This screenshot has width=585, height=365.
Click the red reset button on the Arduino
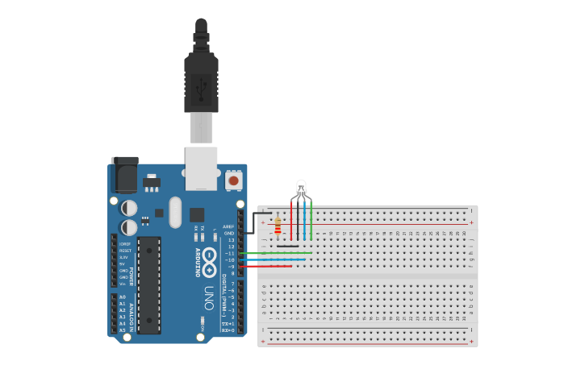233,180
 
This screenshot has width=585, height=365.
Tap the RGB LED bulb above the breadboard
301,188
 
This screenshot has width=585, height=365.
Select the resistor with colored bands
278,225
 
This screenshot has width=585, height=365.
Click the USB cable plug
201,81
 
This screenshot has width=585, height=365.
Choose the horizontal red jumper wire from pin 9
266,266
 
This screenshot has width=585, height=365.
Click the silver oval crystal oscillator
175,212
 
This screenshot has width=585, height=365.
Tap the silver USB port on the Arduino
201,167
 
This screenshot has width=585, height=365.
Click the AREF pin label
228,226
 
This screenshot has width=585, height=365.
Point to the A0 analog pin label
123,297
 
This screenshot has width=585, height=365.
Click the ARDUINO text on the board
198,262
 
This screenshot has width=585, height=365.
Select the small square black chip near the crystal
197,214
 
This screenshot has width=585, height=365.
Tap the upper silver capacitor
129,208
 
